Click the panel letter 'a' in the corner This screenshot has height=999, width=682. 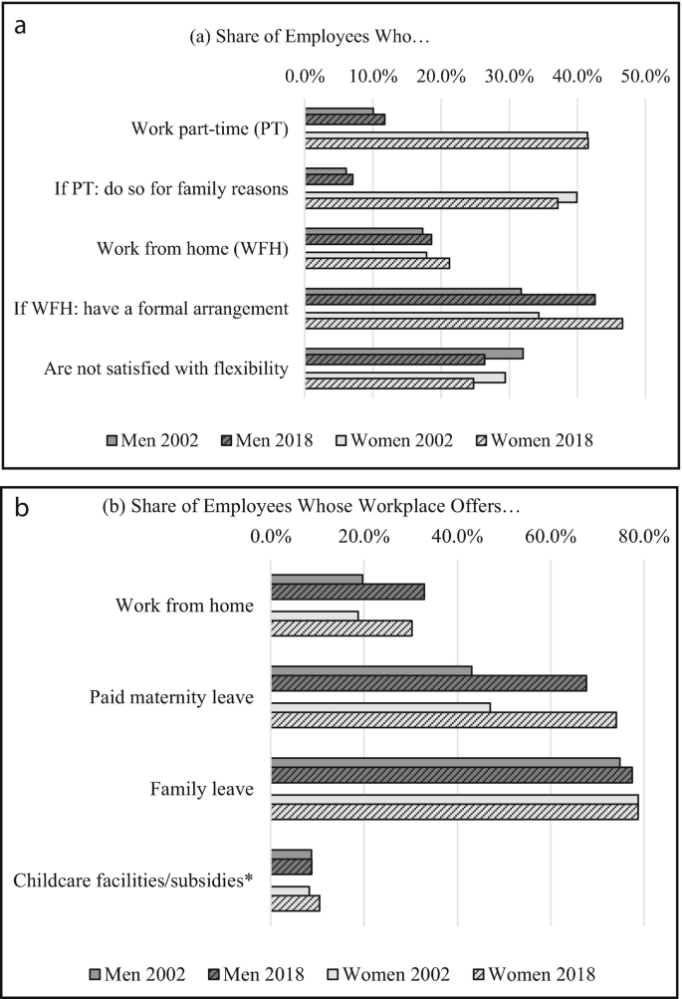pos(19,26)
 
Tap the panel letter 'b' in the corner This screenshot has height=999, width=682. pos(20,509)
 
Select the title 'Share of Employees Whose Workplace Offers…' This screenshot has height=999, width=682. pos(312,506)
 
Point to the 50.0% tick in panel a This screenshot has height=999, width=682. pos(645,76)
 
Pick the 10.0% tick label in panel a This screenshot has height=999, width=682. pos(373,76)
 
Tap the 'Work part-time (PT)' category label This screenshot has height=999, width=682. pos(210,128)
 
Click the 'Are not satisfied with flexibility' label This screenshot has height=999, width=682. pos(166,369)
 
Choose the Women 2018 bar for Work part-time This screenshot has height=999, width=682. pos(446,144)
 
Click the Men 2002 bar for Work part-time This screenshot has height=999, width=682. pos(340,112)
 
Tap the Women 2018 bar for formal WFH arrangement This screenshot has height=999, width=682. pos(463,324)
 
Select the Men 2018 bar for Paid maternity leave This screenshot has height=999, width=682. pos(428,683)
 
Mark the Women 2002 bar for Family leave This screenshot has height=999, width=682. pos(454,800)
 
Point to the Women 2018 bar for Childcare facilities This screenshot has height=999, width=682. pos(295,903)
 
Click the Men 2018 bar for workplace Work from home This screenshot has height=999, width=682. pos(347,592)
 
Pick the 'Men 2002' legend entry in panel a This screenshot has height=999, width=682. pos(151,440)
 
